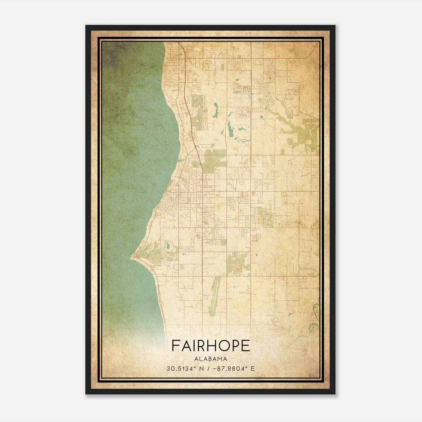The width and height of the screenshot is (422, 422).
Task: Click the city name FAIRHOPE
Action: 211,346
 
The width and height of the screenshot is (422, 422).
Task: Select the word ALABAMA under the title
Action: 211,359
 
